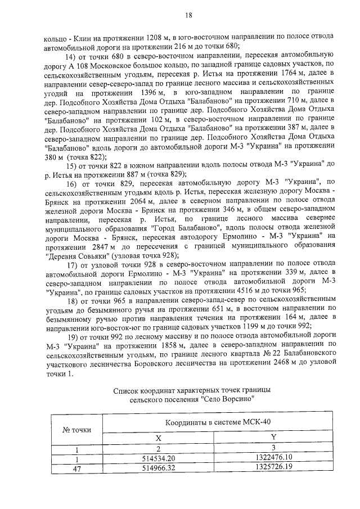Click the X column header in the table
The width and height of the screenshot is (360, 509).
[159, 437]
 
